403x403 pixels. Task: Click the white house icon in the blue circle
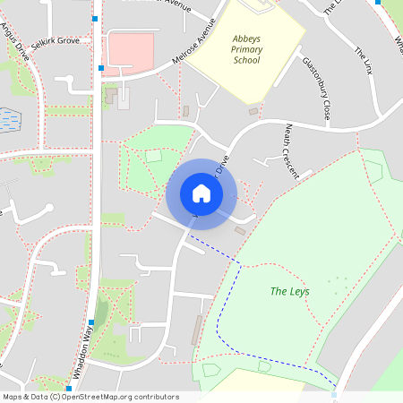[x=201, y=193]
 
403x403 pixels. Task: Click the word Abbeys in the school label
[x=246, y=40]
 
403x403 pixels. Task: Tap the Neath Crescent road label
[x=292, y=151]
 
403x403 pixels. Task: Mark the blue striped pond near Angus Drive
[x=10, y=116]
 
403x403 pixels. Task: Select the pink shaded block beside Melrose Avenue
[x=131, y=49]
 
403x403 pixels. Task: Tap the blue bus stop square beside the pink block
[x=103, y=68]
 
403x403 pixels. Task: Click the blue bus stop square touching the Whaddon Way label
[x=90, y=323]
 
